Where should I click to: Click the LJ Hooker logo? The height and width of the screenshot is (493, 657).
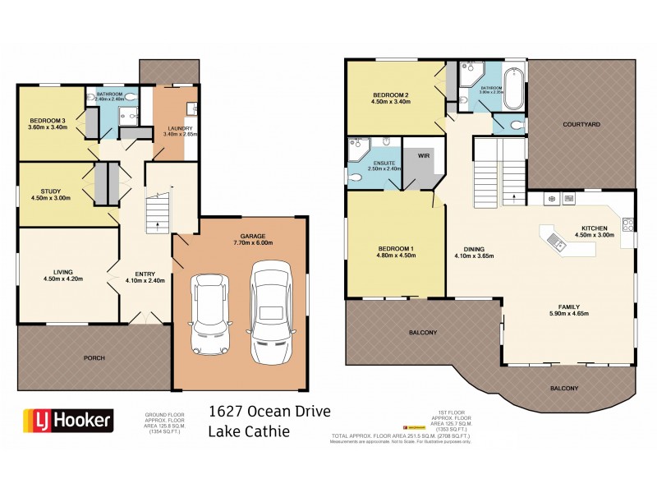coord(66,420)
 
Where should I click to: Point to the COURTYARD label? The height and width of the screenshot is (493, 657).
coord(581,124)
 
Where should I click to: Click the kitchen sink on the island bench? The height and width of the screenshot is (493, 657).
coord(559,241)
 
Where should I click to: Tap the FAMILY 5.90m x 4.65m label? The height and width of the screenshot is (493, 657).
coord(567,310)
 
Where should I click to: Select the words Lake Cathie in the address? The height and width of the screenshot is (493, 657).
coord(249,431)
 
